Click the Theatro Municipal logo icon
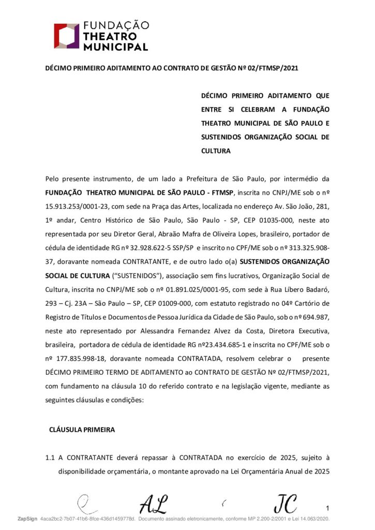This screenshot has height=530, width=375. click(67, 35)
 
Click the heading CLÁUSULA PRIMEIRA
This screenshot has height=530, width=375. click(81, 430)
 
